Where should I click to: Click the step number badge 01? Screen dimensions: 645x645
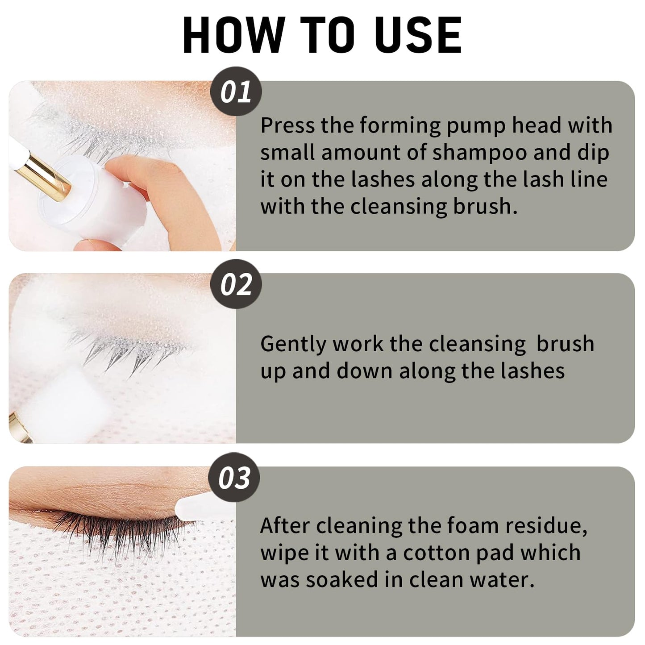pyautogui.click(x=236, y=92)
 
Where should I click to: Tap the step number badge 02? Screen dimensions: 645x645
pyautogui.click(x=236, y=284)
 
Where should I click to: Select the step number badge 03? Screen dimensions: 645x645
pyautogui.click(x=234, y=478)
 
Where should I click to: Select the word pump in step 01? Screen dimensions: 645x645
pyautogui.click(x=476, y=126)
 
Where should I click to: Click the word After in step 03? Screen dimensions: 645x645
pyautogui.click(x=285, y=526)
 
